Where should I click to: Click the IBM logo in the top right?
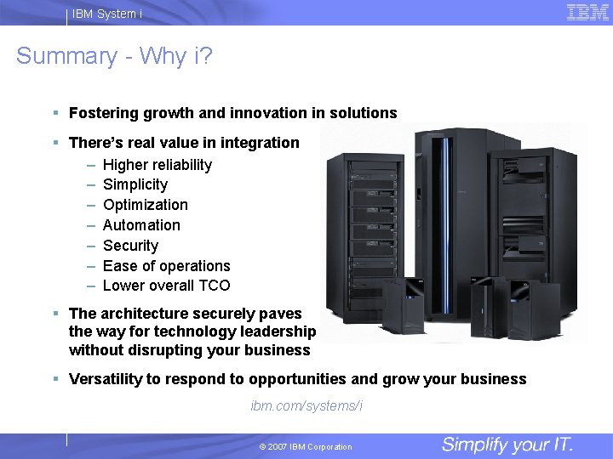587,12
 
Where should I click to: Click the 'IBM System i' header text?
107,14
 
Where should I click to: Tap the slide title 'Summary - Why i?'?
114,56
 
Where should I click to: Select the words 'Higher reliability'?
158,165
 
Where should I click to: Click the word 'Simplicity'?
135,184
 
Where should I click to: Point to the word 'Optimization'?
146,205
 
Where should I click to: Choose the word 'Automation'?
141,225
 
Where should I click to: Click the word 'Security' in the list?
130,246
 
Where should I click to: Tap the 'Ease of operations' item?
167,266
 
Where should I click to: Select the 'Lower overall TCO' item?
167,286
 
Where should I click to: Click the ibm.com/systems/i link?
306,405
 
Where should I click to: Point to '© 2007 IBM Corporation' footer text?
306,447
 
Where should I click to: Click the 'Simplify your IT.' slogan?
507,445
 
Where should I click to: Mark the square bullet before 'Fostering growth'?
55,112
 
